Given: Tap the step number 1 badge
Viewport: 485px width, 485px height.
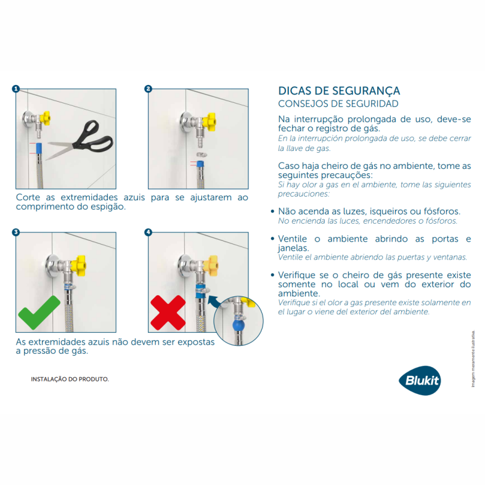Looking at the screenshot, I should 16,89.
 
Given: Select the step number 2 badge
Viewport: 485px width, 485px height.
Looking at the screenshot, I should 148,89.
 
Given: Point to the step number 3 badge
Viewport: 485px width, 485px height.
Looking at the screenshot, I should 16,232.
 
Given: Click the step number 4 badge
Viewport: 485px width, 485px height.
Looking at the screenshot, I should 148,232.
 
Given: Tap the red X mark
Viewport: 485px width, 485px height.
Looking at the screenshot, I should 168,312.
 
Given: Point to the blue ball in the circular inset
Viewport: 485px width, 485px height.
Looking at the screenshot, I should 237,325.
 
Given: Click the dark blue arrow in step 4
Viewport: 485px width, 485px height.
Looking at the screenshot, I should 215,300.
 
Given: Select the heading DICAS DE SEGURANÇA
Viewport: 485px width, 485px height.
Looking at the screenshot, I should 339,91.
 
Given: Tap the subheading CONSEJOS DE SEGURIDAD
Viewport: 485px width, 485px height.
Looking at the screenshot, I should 338,104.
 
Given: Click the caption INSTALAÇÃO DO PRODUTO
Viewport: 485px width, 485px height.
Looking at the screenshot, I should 70,380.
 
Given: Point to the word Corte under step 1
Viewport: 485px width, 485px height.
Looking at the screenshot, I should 28,198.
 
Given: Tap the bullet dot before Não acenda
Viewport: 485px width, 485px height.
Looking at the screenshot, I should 272,211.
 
